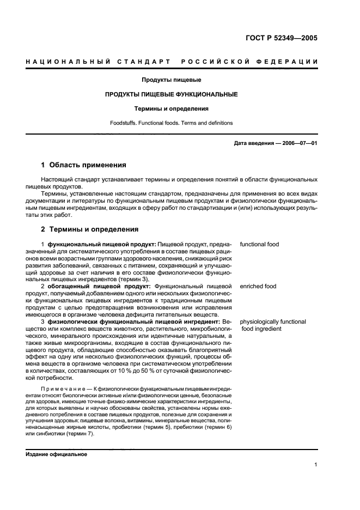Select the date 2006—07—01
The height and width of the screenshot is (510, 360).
pyautogui.click(x=299, y=143)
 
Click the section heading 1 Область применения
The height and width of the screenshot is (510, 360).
pyautogui.click(x=84, y=165)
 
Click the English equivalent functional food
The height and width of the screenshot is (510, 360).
pyautogui.click(x=259, y=245)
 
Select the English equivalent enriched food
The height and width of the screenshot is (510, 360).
pyautogui.click(x=258, y=285)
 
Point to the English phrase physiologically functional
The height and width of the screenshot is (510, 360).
pyautogui.click(x=273, y=321)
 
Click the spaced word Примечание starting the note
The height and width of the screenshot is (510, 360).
pyautogui.click(x=58, y=388)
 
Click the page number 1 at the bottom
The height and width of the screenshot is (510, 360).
pyautogui.click(x=316, y=465)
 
